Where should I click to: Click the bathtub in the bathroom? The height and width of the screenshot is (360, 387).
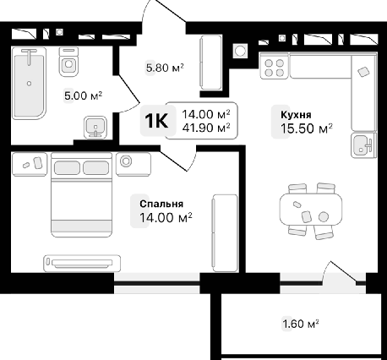pyautogui.click(x=29, y=83)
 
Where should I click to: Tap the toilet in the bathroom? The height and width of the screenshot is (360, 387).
pyautogui.click(x=68, y=62)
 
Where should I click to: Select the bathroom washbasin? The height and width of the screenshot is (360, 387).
pyautogui.click(x=95, y=128)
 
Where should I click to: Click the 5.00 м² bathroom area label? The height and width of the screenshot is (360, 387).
pyautogui.click(x=83, y=95)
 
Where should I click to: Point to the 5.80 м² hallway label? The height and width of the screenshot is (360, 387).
pyautogui.click(x=165, y=68)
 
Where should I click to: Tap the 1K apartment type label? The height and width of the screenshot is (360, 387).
pyautogui.click(x=156, y=121)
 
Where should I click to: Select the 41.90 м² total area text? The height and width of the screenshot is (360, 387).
pyautogui.click(x=206, y=128)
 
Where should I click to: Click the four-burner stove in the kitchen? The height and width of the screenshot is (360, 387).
pyautogui.click(x=275, y=68)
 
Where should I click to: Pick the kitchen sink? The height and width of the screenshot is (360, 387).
pyautogui.click(x=363, y=145)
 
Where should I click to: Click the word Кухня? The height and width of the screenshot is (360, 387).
pyautogui.click(x=296, y=115)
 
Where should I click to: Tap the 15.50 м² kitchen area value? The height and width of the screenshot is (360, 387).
pyautogui.click(x=307, y=128)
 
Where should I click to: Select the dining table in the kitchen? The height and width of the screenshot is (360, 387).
pyautogui.click(x=311, y=209)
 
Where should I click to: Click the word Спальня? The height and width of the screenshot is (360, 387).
pyautogui.click(x=161, y=204)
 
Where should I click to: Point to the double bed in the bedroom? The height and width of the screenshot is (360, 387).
pyautogui.click(x=81, y=194)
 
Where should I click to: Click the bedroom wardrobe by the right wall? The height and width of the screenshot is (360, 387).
pyautogui.click(x=225, y=233)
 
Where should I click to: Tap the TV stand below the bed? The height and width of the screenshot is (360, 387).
pyautogui.click(x=82, y=264)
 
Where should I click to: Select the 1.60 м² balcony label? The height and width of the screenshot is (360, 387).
pyautogui.click(x=301, y=324)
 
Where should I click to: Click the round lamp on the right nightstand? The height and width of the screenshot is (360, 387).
pyautogui.click(x=126, y=161)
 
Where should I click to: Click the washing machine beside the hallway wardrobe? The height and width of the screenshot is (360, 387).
pyautogui.click(x=240, y=51)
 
